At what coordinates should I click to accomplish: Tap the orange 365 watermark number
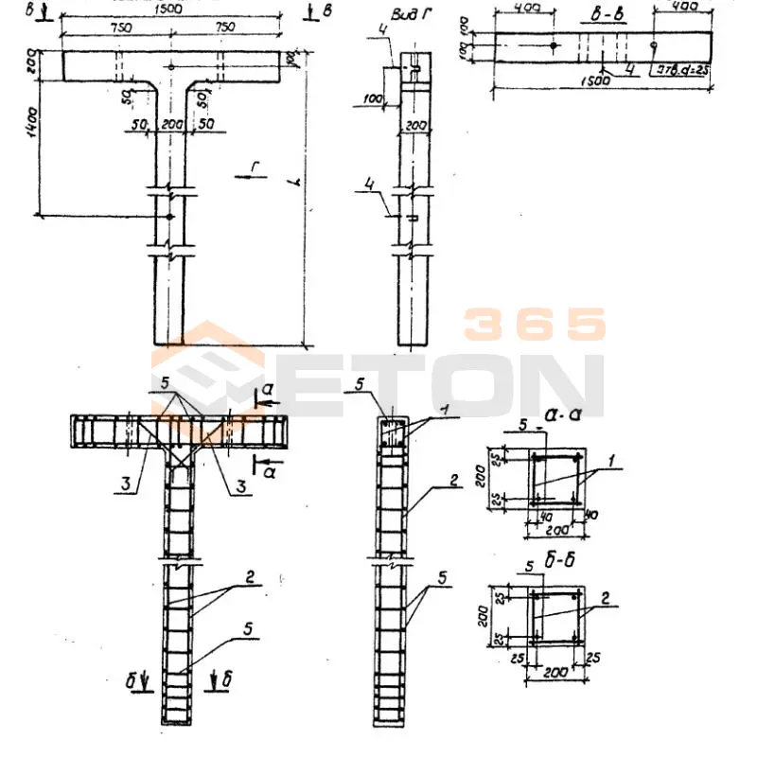tap(535, 325)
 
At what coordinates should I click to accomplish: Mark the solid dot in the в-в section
tap(554, 45)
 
